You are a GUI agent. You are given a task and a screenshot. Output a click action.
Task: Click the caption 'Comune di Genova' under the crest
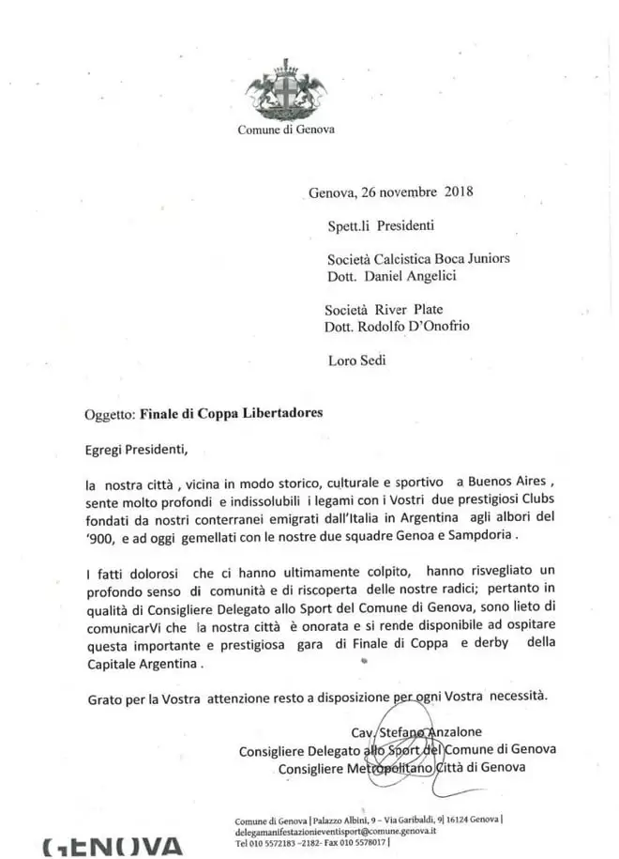[x=285, y=130]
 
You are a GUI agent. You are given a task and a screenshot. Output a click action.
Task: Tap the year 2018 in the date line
[x=457, y=193]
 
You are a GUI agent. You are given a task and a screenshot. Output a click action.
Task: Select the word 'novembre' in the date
[x=409, y=193]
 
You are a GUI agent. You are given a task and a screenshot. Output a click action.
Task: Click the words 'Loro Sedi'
[x=357, y=360]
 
